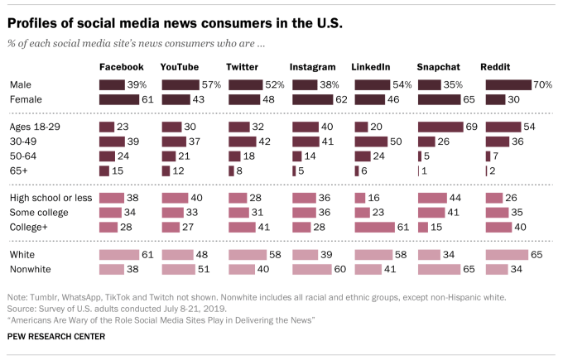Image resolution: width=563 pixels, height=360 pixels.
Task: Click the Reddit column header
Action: (498, 66)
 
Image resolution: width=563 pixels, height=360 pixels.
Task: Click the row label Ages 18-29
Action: (35, 127)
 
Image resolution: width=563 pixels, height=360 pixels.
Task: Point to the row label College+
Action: (30, 227)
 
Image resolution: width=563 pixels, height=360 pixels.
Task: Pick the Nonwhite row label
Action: (31, 270)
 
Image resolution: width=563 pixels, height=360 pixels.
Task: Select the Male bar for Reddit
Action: (508, 84)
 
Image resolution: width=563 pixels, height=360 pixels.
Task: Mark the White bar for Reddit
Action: (506, 255)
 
